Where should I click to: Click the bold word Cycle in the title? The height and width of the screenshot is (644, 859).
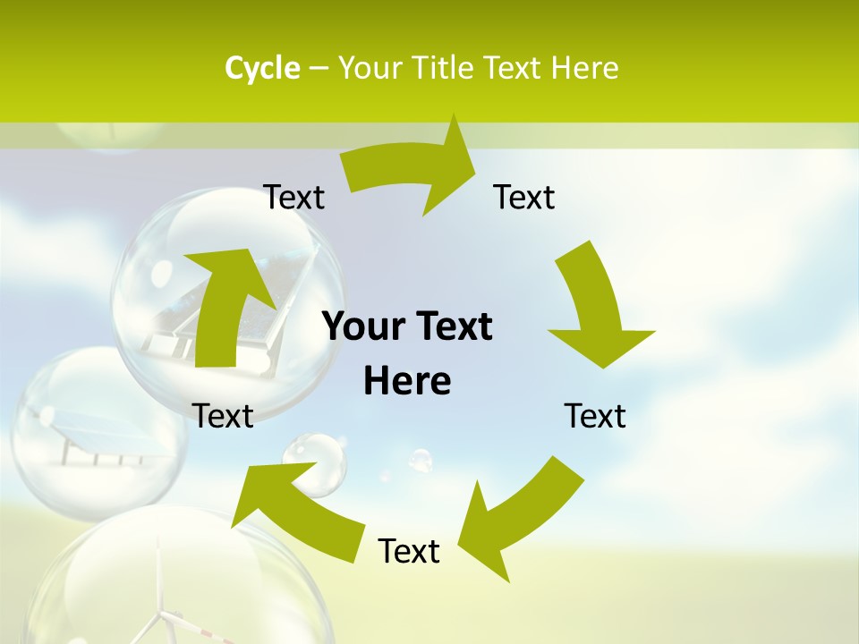pos(262,68)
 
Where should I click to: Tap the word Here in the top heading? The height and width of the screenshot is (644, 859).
pos(587,68)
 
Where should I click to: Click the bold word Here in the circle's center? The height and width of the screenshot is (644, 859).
pos(407,381)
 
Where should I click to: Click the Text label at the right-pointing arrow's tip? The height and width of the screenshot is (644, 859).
pos(524,197)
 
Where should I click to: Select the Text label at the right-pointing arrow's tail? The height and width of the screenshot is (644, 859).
pos(293,197)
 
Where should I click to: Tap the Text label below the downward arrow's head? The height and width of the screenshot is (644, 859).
pos(595,416)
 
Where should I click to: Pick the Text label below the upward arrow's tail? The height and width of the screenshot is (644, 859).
pos(223,416)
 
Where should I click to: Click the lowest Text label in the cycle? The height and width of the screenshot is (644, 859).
pos(409,551)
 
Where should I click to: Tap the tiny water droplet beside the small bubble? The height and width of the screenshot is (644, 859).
pos(420,460)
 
